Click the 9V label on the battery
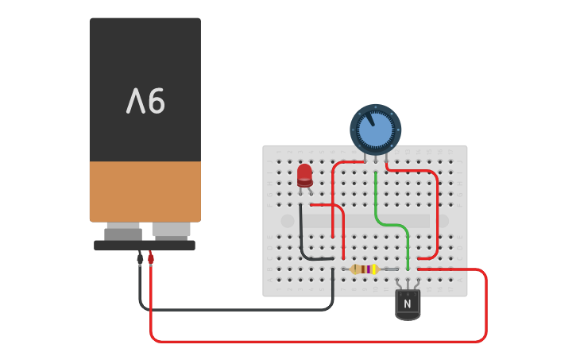pyautogui.click(x=145, y=101)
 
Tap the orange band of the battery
pyautogui.click(x=145, y=191)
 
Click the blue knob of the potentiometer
pyautogui.click(x=376, y=130)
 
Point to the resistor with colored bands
pyautogui.click(x=365, y=269)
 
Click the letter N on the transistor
pyautogui.click(x=408, y=304)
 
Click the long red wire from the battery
pyautogui.click(x=318, y=342)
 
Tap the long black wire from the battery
pyautogui.click(x=238, y=309)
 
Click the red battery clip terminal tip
pyautogui.click(x=150, y=258)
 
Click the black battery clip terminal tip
pyautogui.click(x=140, y=258)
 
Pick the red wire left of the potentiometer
pyautogui.click(x=333, y=191)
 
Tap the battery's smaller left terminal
pyautogui.click(x=123, y=233)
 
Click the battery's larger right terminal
pyautogui.click(x=171, y=230)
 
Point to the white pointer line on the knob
pyautogui.click(x=369, y=119)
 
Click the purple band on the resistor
pyautogui.click(x=367, y=269)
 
